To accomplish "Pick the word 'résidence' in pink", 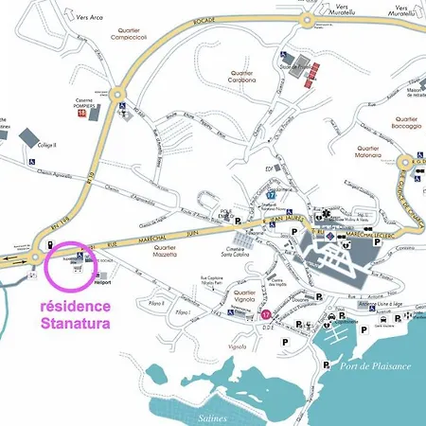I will [75, 307].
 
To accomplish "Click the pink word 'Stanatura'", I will [75, 325].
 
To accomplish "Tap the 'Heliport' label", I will [102, 281].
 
